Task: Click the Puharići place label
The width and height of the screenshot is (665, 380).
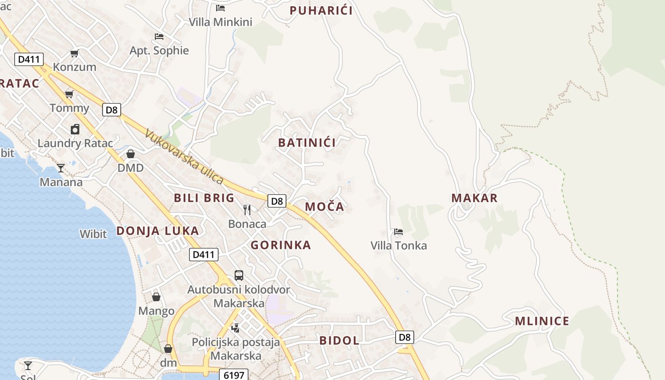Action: (321, 10)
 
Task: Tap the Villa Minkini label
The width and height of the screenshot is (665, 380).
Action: (220, 22)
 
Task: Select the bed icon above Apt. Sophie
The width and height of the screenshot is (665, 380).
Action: (159, 37)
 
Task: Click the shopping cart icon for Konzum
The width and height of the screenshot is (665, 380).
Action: (74, 53)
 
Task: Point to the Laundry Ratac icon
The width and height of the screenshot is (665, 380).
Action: (75, 129)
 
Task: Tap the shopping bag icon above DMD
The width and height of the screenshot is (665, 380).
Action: (131, 154)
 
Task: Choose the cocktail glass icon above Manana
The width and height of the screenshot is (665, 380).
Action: (61, 168)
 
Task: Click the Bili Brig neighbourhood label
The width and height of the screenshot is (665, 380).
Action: (204, 198)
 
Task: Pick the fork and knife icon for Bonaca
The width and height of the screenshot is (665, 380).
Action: (247, 210)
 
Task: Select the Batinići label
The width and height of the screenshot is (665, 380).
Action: (307, 142)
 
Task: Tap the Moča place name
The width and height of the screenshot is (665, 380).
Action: (324, 207)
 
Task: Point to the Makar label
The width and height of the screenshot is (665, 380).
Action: (474, 198)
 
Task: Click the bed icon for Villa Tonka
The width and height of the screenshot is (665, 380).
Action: (399, 232)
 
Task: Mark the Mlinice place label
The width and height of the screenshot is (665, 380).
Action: (542, 321)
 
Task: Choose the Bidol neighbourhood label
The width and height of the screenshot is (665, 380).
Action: (339, 341)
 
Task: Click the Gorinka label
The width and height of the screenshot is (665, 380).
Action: (281, 245)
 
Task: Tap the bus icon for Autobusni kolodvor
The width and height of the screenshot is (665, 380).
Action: (239, 275)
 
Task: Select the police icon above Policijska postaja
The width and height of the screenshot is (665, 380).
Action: (235, 328)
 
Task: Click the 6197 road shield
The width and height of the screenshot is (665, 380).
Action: (234, 375)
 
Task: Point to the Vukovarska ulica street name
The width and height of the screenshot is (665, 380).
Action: (184, 157)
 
